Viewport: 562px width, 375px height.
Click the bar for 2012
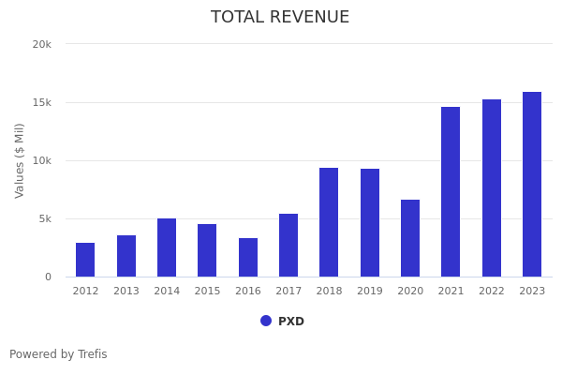(x=85, y=260)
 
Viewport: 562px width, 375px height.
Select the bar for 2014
(x=167, y=247)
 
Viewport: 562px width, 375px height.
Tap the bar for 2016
(x=248, y=258)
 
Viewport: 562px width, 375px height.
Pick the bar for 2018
(x=329, y=222)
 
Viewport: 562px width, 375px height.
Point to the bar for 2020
(x=410, y=238)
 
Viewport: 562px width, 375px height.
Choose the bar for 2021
(x=451, y=192)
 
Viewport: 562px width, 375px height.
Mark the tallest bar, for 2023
(x=532, y=185)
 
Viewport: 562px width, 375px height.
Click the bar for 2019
(x=370, y=223)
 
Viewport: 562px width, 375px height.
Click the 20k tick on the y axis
(x=41, y=44)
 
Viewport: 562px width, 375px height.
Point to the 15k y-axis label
(x=41, y=102)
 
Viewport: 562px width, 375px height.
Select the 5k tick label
(x=44, y=218)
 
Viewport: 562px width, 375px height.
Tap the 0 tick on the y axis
(x=47, y=277)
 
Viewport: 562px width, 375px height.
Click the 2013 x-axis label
(x=126, y=292)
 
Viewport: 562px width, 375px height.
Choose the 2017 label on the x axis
(x=288, y=292)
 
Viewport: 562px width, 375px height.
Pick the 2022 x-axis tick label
(x=492, y=292)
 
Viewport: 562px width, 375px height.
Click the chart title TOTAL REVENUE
(x=280, y=18)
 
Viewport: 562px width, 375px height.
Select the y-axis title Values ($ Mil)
(x=20, y=160)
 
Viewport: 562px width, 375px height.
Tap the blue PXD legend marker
(x=266, y=321)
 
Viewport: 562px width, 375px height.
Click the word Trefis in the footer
(x=92, y=354)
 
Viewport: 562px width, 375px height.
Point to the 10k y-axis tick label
(x=41, y=160)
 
